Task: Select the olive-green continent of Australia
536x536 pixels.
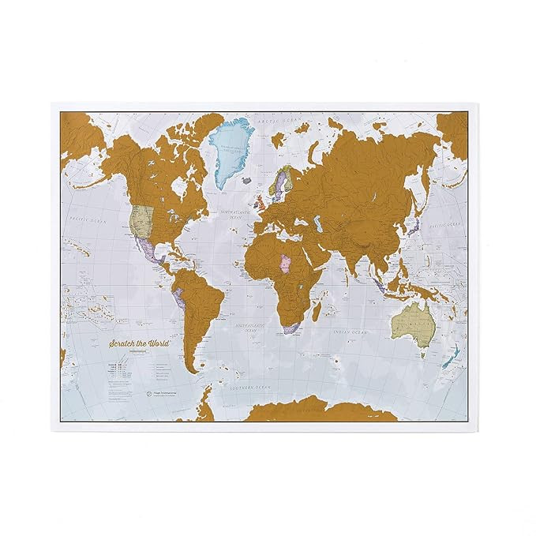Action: click(412, 324)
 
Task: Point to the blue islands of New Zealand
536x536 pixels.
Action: click(451, 355)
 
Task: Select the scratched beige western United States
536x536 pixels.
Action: click(142, 221)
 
